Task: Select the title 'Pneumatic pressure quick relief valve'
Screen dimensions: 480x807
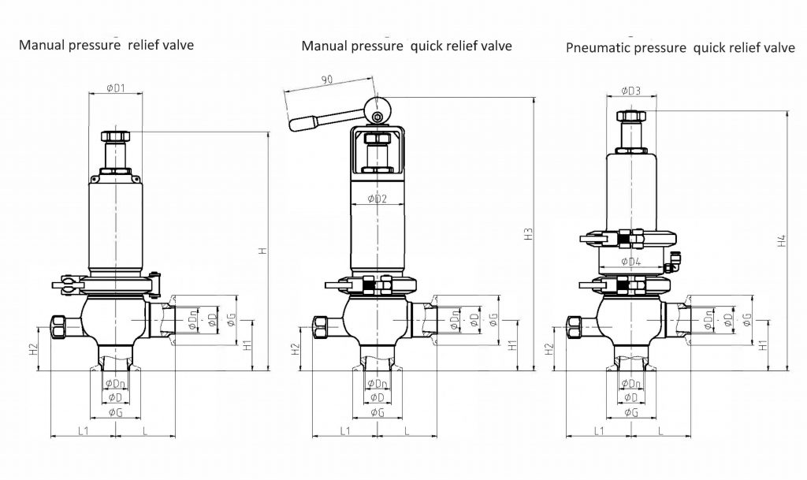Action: click(680, 48)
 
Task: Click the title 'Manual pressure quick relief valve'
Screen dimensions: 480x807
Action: click(407, 46)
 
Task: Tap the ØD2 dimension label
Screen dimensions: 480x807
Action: click(376, 199)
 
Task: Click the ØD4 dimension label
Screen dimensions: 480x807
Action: click(630, 261)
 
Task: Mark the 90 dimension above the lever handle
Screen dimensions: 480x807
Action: click(328, 80)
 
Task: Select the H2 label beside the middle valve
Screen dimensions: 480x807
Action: click(295, 348)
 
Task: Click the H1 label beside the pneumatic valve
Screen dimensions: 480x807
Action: click(762, 344)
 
